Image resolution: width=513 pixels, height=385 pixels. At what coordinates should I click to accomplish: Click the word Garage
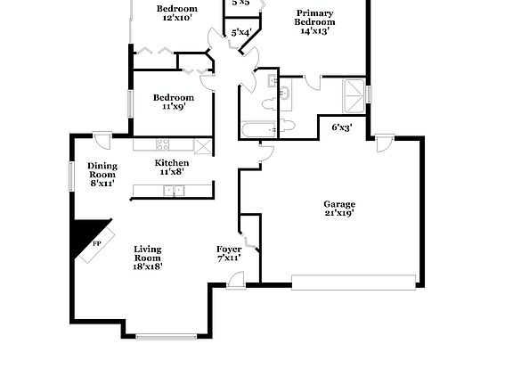338,204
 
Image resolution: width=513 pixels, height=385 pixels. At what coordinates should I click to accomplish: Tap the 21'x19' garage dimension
338,214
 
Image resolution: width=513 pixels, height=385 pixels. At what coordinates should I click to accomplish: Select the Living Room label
148,253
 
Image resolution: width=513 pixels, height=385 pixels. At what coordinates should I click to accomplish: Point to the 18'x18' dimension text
148,266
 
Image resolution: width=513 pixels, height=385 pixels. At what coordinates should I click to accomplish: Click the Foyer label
229,249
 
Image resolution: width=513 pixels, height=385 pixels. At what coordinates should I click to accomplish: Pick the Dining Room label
102,170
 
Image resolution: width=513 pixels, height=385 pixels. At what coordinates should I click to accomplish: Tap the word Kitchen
172,163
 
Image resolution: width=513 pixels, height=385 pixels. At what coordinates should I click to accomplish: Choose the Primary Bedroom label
315,18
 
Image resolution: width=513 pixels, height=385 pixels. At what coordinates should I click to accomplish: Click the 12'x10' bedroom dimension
175,18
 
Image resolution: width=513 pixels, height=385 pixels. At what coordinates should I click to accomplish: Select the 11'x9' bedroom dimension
172,107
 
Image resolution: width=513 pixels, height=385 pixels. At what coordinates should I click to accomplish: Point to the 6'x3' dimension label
342,127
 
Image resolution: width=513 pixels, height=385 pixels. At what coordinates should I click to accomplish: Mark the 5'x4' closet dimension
240,33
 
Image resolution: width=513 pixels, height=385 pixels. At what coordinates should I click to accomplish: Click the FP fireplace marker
96,242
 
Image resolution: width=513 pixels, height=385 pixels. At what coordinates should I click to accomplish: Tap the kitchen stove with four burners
163,144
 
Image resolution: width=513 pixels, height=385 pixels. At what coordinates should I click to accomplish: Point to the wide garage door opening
354,283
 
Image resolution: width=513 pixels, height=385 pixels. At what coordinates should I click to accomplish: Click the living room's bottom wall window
166,337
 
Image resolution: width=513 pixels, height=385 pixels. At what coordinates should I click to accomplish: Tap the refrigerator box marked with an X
202,144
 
